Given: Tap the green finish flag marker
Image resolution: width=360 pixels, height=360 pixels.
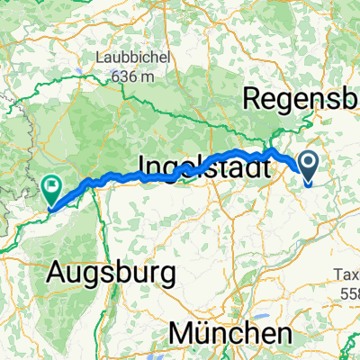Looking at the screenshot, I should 51,189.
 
